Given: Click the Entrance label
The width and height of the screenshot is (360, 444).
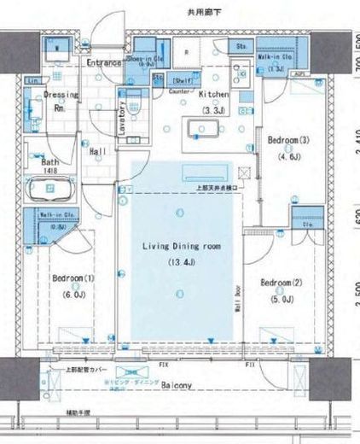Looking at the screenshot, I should point(104,62).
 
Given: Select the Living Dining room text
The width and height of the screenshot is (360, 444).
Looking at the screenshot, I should point(181,246).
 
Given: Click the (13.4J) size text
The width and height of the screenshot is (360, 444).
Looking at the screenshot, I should point(181,261).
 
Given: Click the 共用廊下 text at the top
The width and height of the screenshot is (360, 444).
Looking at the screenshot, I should point(180,11).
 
